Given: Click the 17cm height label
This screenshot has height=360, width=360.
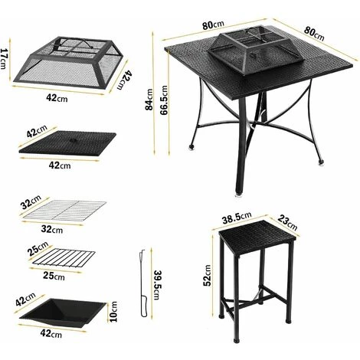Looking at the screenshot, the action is pos(4,59).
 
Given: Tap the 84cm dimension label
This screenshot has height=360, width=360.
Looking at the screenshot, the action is pos(149,100).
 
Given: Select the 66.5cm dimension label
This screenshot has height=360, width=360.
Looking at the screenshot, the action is pos(164,100).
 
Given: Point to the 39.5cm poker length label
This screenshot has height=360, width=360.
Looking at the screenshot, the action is pos(158,285).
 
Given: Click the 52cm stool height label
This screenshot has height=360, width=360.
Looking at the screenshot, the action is pos(208,275).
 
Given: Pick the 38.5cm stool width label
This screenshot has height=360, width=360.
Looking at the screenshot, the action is pos(237,218).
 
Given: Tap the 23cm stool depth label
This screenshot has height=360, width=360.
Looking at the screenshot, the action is pos(287,223).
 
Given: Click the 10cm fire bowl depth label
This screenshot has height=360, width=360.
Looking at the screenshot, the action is pos(113,312).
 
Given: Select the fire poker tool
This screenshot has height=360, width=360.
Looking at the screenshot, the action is pos(143,283).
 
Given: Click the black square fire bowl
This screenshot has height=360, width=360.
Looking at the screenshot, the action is pos(63,313).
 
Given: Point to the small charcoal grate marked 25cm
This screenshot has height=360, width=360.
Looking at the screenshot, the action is pos(64,258).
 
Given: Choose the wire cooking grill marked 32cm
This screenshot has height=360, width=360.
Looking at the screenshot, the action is pos(64,211).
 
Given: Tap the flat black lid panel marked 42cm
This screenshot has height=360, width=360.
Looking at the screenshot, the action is pos(67,142).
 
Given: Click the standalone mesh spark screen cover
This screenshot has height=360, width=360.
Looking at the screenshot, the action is pos(68,63).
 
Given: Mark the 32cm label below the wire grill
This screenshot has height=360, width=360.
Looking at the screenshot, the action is pos(52,229).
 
